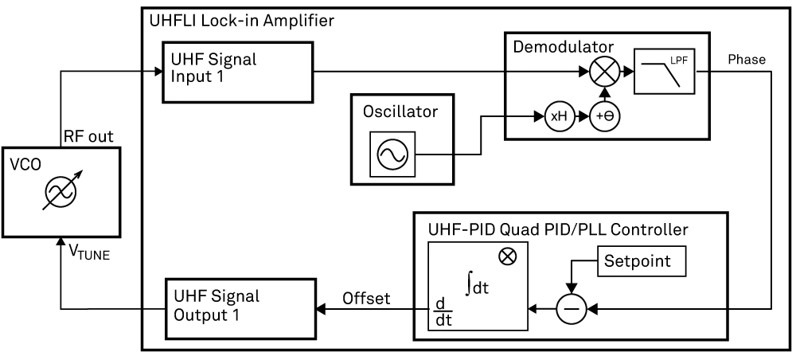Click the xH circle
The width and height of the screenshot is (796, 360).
point(560,116)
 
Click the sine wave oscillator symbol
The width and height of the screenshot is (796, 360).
point(392,155)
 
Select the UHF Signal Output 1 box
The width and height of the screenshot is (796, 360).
point(239,306)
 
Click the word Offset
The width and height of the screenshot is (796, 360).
point(365,299)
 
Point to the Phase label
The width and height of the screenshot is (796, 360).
point(747,61)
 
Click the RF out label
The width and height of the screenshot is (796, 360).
point(88,136)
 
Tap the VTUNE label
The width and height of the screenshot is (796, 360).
point(90,253)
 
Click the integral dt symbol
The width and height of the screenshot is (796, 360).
point(475,282)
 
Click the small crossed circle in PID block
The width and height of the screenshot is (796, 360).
point(505,256)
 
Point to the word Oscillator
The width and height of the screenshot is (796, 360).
point(400,112)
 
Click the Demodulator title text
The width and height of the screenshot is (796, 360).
point(563,48)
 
